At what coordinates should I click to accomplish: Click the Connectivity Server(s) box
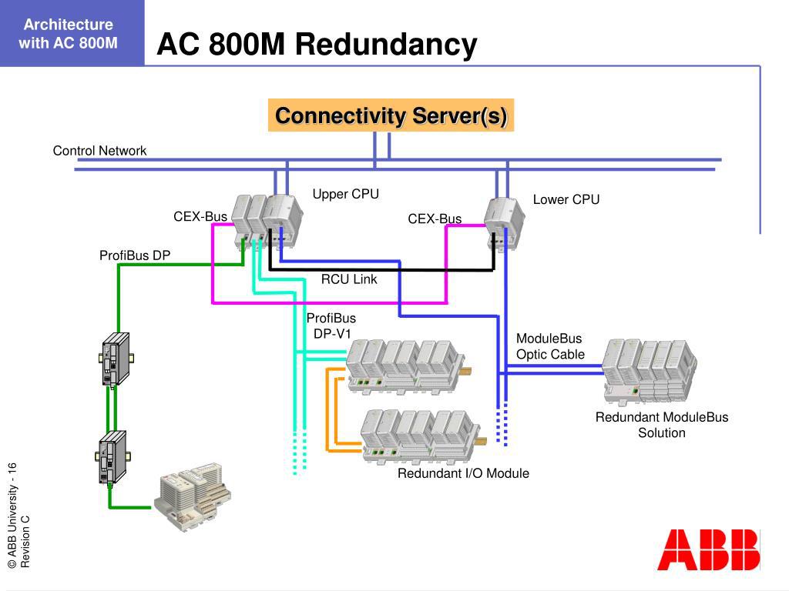point(391,115)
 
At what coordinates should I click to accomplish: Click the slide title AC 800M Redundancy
point(317,45)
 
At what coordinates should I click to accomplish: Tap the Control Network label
point(99,151)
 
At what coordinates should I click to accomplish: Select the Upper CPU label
point(345,194)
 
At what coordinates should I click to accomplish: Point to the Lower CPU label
point(566,200)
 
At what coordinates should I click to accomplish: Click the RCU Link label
point(349,279)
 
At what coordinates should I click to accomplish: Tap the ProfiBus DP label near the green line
point(135,255)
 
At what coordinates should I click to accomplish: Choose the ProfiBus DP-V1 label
point(331,326)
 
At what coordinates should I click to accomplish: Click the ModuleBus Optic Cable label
point(550,346)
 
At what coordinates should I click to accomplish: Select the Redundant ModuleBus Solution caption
point(661,425)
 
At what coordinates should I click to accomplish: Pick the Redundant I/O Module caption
point(463,473)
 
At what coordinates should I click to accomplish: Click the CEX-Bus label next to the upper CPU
point(200,217)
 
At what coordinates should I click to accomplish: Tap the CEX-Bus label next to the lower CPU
point(435,219)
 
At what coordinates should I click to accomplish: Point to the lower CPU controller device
point(505,222)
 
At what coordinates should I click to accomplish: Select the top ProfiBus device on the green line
point(114,359)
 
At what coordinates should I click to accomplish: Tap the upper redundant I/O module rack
point(405,366)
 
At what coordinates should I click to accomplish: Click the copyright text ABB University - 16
point(12,516)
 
